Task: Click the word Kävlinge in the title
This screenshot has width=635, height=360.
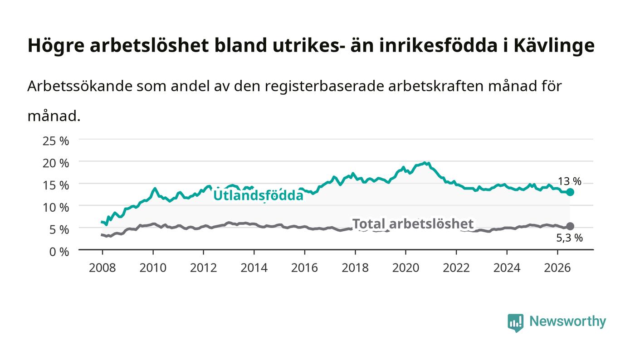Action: point(554,46)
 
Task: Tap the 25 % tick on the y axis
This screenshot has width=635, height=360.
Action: point(56,141)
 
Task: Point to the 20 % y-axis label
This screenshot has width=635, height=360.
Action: point(56,163)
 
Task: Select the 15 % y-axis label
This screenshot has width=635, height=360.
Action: point(56,185)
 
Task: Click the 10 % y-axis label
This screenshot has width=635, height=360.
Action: point(56,208)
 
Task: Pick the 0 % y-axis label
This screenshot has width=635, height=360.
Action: point(59,252)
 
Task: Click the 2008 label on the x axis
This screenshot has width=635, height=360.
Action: point(103,268)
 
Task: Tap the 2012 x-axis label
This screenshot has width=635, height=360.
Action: point(204,268)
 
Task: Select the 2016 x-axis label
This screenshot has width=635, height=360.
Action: point(304,268)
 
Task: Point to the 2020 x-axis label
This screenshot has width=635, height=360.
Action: point(405,268)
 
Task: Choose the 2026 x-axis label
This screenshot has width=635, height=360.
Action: point(557,268)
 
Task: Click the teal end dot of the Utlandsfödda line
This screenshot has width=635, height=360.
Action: point(570,192)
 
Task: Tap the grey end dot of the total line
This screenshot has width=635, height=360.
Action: point(570,226)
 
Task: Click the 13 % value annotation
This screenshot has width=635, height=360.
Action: point(570,181)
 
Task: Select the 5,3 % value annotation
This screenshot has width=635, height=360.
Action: point(570,238)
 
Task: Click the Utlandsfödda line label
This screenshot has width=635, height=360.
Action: point(258,195)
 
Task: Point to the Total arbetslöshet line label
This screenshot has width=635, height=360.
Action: point(413,224)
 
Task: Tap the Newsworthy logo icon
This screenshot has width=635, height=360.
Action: point(516,323)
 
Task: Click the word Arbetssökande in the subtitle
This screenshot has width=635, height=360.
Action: point(80,86)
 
